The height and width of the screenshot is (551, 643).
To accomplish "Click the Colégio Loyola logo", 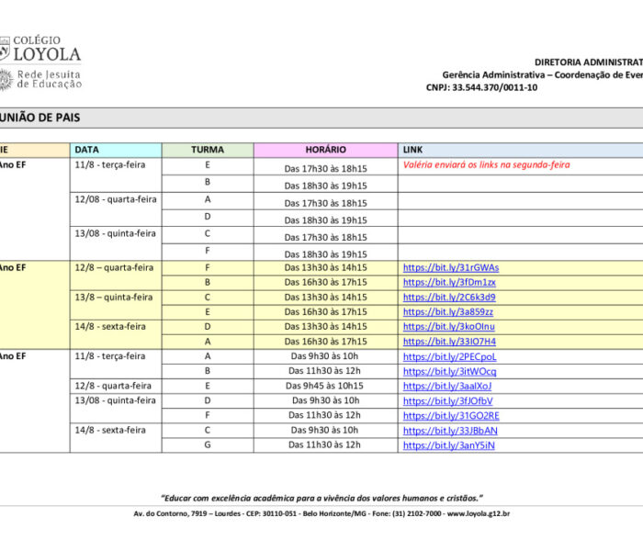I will click(x=41, y=62).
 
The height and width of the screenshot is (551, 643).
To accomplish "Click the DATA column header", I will click(x=87, y=149).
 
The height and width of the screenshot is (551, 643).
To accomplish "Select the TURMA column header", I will click(x=208, y=149).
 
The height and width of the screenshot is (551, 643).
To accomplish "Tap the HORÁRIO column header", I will click(x=325, y=149).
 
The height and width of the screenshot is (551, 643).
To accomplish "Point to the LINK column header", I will click(x=412, y=149).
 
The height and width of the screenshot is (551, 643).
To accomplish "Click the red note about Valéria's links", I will click(x=486, y=165).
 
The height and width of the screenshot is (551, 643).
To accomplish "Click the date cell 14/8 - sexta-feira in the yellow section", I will click(x=110, y=326).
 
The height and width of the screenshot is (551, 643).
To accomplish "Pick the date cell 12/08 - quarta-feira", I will click(x=116, y=199).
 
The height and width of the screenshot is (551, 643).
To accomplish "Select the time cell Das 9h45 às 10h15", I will click(x=325, y=386).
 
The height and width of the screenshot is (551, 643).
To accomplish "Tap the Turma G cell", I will click(x=208, y=445).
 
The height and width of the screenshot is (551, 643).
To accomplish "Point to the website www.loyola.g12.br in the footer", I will click(x=479, y=514).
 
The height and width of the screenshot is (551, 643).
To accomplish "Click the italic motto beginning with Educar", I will click(x=321, y=496).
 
